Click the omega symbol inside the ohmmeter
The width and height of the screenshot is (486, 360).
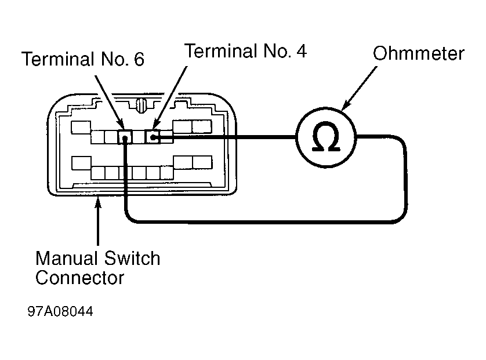click(x=326, y=136)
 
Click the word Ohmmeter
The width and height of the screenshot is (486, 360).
click(x=418, y=53)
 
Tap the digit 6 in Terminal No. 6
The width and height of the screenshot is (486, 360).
click(x=139, y=59)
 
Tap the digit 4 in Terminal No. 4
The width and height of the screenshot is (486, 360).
click(x=302, y=51)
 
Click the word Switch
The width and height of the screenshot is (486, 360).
click(x=132, y=259)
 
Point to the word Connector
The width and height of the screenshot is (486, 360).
click(x=79, y=278)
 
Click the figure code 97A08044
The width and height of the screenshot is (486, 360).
click(x=60, y=311)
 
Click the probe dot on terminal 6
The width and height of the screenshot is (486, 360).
click(x=125, y=139)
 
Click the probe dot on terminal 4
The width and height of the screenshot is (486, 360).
click(x=153, y=137)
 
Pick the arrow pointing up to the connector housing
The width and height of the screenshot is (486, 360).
click(x=98, y=221)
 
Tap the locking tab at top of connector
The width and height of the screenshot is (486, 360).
click(x=142, y=106)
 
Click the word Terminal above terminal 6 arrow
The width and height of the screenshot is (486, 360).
click(x=58, y=59)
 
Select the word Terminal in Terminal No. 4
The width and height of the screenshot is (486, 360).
click(x=222, y=51)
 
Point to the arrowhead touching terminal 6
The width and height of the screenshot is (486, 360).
click(x=121, y=125)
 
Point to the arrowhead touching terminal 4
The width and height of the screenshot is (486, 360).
click(x=157, y=125)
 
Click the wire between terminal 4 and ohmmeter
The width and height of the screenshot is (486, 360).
click(x=224, y=136)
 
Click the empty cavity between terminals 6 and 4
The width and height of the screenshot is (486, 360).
click(x=139, y=137)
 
